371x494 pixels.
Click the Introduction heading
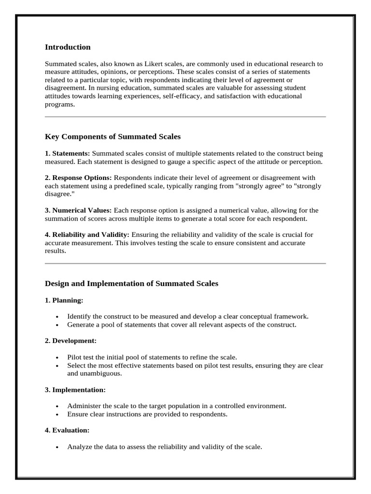click(68, 47)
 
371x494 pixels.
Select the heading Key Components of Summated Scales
click(113, 137)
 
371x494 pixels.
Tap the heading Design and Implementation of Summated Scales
click(131, 284)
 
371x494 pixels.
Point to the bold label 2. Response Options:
click(78, 178)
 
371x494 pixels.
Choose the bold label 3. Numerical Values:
click(78, 210)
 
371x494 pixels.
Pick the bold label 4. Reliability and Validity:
click(87, 235)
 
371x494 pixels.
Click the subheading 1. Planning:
click(64, 300)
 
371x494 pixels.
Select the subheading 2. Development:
click(71, 341)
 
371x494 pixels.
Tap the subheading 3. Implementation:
click(75, 389)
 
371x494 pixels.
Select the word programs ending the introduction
click(59, 104)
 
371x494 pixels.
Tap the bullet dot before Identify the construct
click(57, 317)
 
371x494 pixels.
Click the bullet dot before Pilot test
click(57, 358)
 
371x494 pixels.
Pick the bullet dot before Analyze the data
click(57, 447)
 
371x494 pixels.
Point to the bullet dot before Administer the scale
click(57, 406)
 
